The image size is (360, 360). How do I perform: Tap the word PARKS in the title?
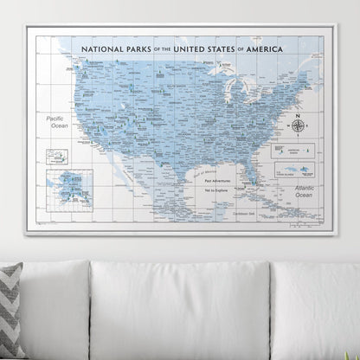click(x=138, y=49)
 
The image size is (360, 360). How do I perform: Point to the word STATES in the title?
click(x=228, y=49)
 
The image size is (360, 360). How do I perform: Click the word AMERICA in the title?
click(x=275, y=49)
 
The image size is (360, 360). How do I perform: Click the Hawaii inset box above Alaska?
click(x=58, y=157)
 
